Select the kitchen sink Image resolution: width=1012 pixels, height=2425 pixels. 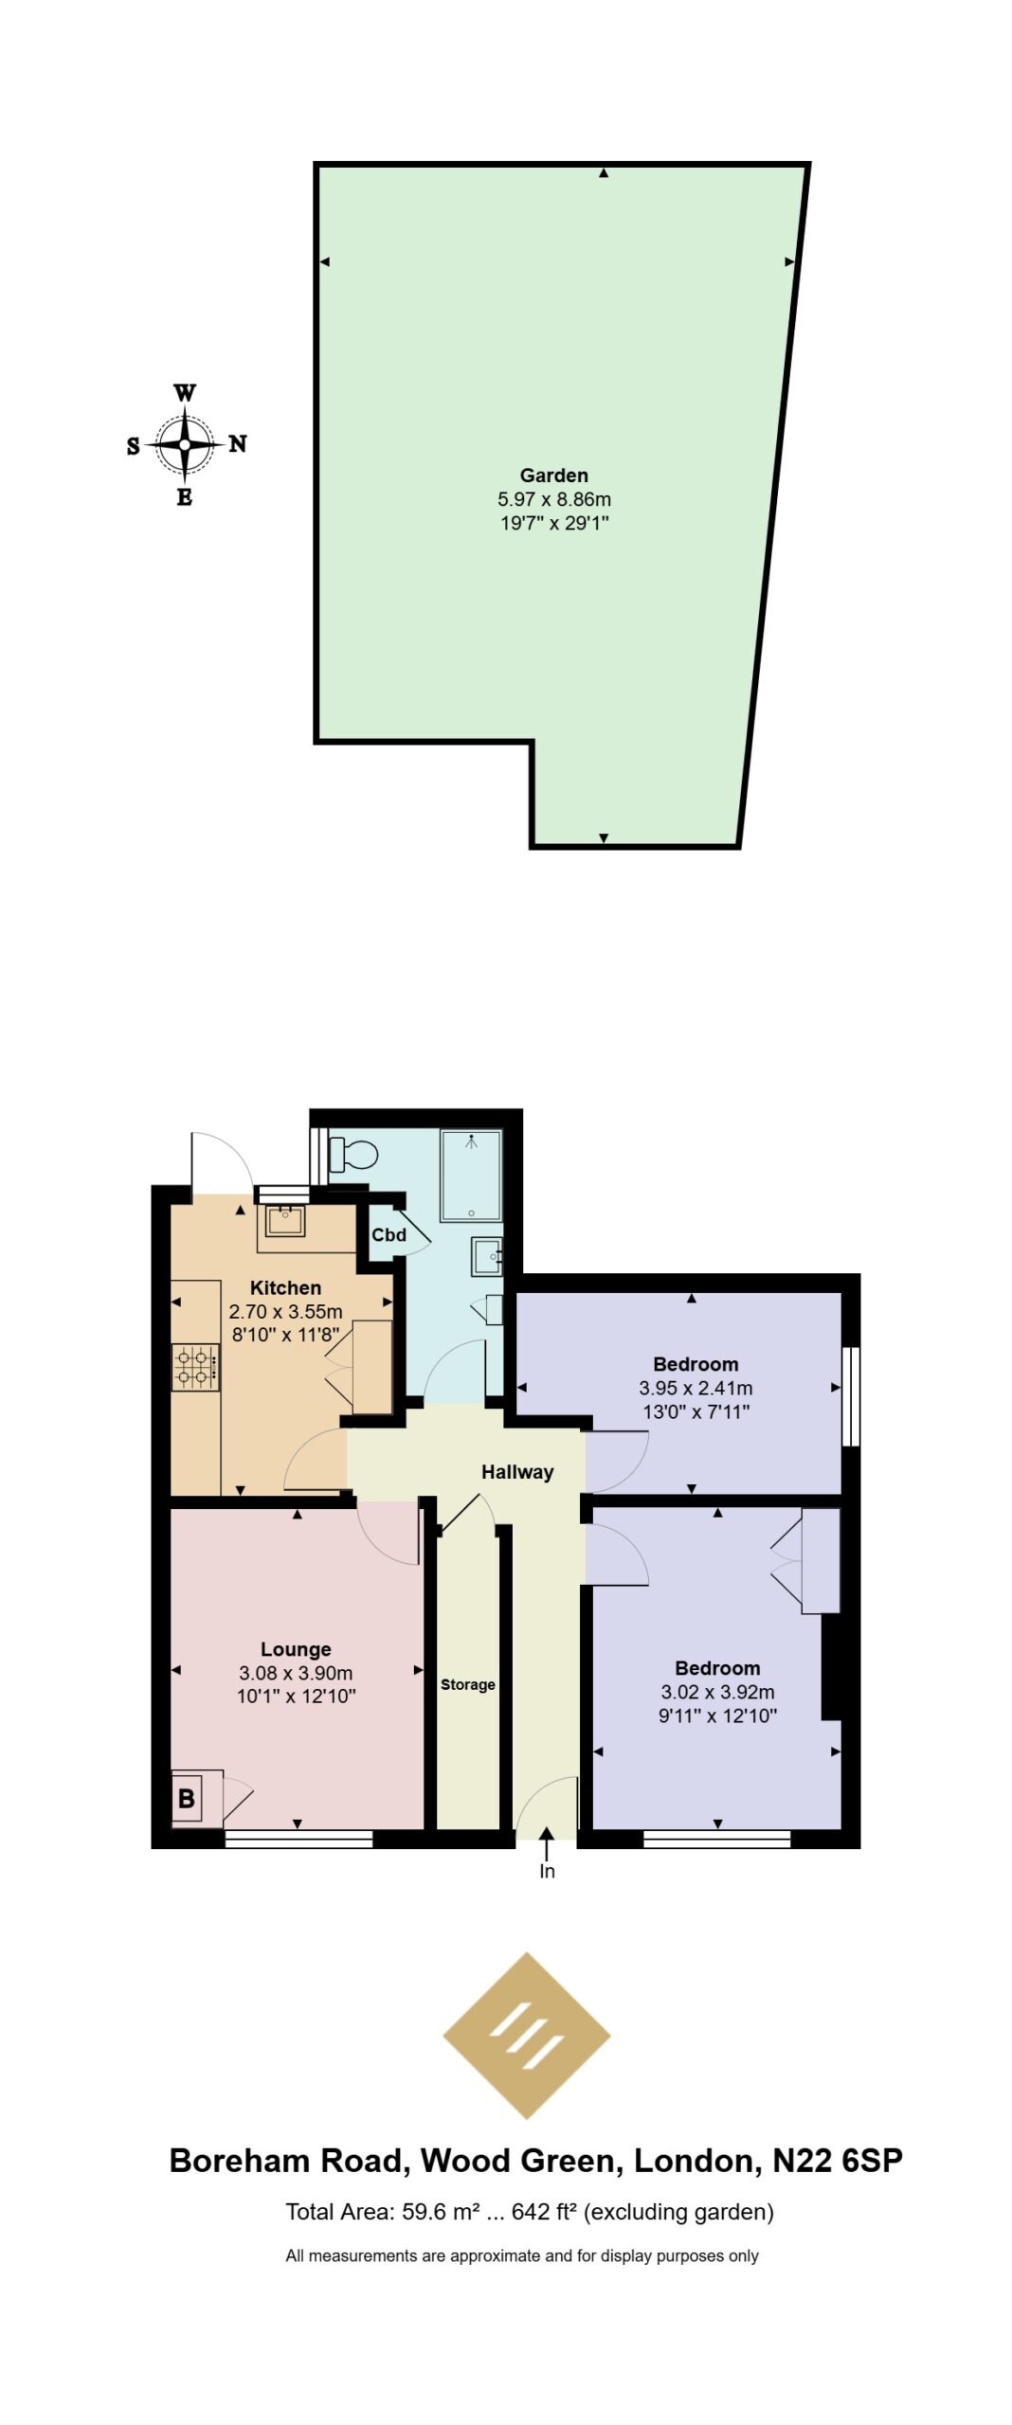285,1221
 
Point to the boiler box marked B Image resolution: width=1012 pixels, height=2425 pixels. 187,1797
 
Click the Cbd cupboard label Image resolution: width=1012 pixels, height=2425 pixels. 389,1234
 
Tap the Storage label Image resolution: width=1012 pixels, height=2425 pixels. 467,1684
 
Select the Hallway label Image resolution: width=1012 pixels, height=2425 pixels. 517,1471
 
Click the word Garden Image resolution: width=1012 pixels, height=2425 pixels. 554,476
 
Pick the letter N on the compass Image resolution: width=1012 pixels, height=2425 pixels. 238,443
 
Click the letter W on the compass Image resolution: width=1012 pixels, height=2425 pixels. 186,393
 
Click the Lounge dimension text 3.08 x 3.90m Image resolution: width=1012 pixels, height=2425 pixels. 296,1673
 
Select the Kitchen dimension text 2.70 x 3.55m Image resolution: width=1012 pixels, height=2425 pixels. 285,1312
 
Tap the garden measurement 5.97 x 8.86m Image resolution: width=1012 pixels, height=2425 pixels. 554,499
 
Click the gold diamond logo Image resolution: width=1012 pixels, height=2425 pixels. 526,2032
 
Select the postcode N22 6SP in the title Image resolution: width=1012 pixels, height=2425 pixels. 838,2160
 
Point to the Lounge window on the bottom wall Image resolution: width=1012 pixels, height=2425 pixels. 298,1839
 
